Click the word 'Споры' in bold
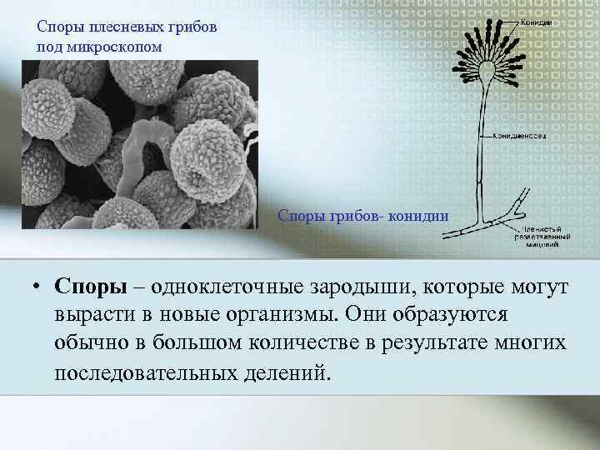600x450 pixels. click(x=89, y=287)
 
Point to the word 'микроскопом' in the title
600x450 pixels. click(x=115, y=45)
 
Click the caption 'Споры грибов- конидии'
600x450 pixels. click(x=363, y=216)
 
